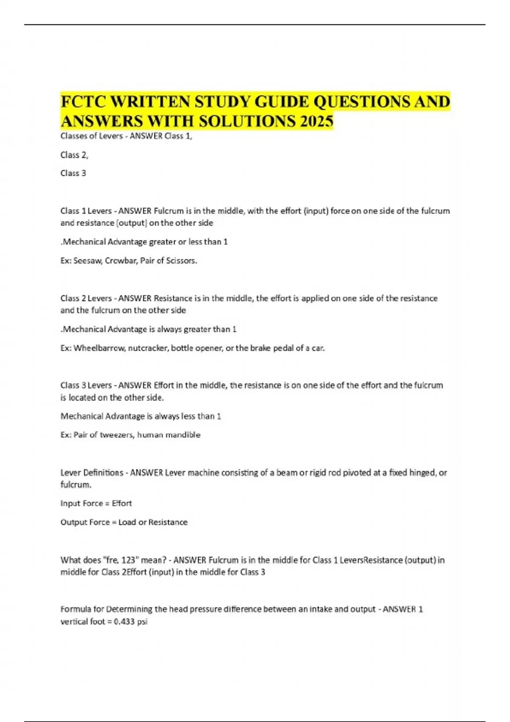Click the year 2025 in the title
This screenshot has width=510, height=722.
coord(316,121)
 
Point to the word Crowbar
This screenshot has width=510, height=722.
coord(120,261)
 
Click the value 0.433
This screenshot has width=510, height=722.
coord(124,622)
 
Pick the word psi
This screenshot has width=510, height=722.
coord(142,622)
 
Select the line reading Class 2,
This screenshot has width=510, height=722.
coord(74,155)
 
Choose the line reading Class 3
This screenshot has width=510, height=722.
coord(73,173)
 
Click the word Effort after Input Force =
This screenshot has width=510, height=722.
coord(122,504)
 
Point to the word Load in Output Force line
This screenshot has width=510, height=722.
coord(127,522)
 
